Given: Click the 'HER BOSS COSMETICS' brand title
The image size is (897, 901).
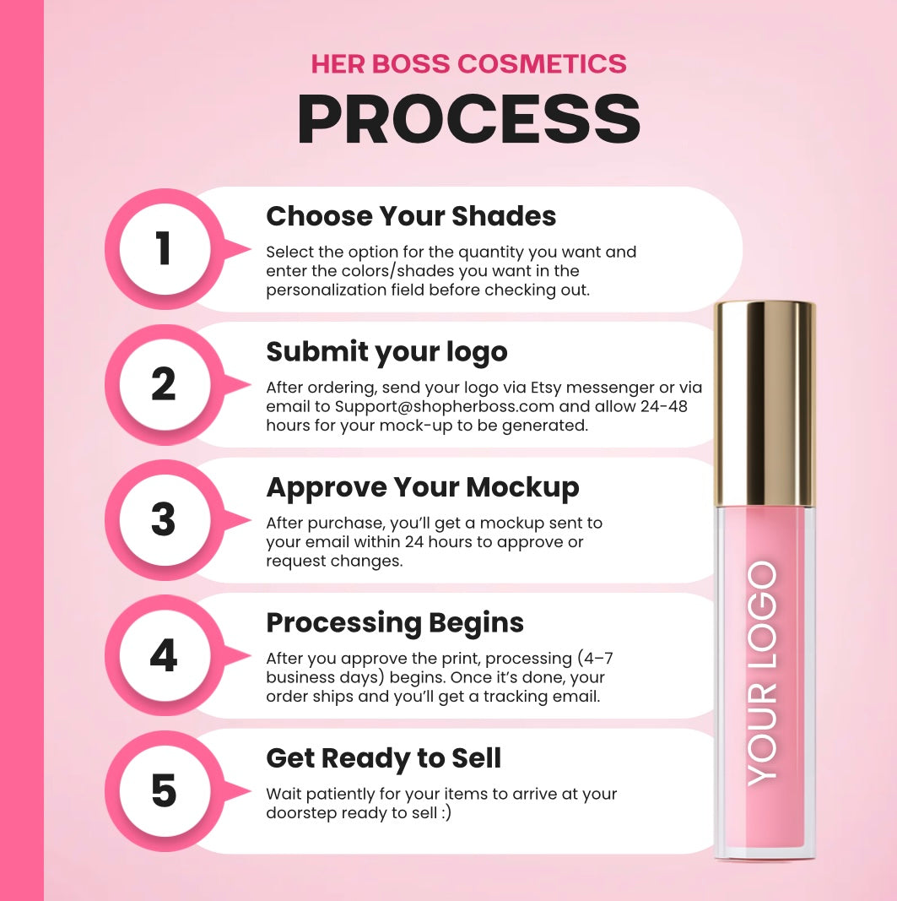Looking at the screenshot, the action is [468, 64].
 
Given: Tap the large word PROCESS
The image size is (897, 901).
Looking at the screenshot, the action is [468, 119].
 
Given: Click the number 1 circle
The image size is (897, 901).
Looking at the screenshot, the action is [165, 249].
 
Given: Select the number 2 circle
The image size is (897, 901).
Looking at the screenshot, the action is [165, 384].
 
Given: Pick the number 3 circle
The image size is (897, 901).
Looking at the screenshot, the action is [165, 520].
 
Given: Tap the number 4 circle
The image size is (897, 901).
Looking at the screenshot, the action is [165, 655].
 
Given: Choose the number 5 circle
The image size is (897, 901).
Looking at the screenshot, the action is [165, 791].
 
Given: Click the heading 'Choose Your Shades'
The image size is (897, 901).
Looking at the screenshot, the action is [411, 216].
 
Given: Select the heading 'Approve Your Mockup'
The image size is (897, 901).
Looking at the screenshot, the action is [423, 488].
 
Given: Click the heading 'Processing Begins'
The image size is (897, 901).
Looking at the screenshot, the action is [395, 623].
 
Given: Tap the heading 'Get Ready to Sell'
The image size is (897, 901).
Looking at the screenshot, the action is [384, 758].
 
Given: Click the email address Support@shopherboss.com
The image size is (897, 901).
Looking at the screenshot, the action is [445, 407].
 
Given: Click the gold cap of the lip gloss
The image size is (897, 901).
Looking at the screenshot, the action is [765, 404].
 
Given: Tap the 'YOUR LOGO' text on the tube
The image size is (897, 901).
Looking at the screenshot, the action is [763, 674].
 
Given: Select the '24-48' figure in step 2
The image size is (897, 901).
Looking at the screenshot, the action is [664, 406].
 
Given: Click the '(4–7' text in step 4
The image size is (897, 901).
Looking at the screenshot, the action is [595, 658].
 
